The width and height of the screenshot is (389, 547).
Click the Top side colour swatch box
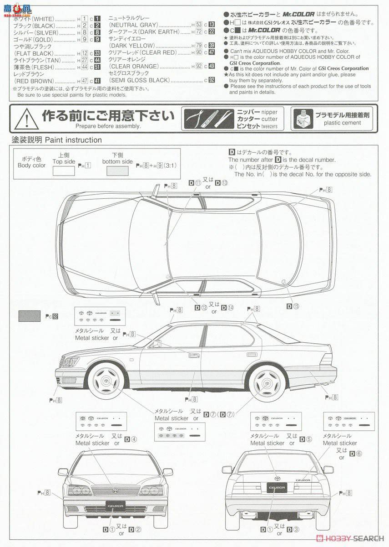click(x=64, y=171)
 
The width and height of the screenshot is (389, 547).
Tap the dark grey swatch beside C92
click(x=29, y=315)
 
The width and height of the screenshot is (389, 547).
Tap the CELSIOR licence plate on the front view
click(x=116, y=505)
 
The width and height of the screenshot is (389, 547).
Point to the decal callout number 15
click(x=296, y=306)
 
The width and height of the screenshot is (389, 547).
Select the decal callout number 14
click(x=231, y=308)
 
